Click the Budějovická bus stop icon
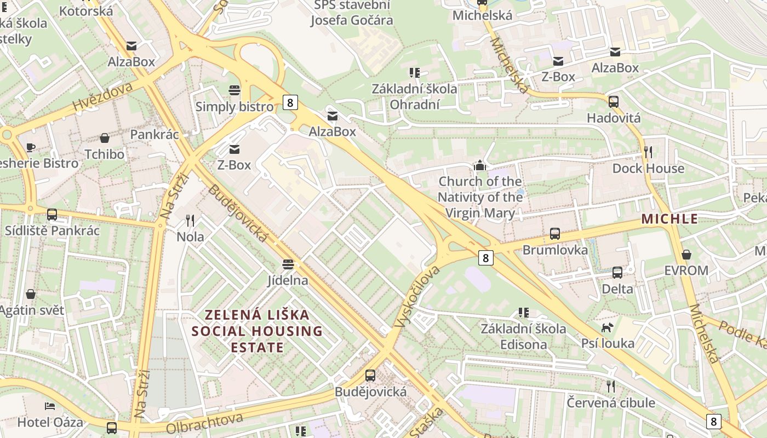tap(370, 376)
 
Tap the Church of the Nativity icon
tap(480, 165)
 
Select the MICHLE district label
tap(669, 219)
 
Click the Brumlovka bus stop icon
tap(555, 234)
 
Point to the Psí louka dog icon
tap(608, 327)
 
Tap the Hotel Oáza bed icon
tap(50, 406)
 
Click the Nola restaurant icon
tap(190, 221)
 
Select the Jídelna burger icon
tap(288, 264)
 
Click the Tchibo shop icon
tap(104, 138)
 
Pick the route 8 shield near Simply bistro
tap(290, 102)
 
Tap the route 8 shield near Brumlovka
tap(485, 257)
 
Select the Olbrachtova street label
tap(204, 423)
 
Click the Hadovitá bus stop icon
tap(614, 102)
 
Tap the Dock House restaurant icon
tap(648, 152)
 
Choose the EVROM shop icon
tap(686, 255)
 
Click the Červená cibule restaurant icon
tap(611, 387)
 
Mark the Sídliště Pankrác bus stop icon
tap(52, 215)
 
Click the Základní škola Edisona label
tap(523, 336)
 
